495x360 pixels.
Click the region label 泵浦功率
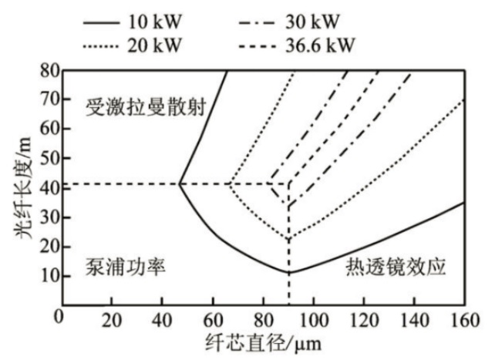tap(126, 266)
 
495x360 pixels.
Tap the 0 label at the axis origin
tap(58, 317)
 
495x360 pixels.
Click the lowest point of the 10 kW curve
tap(288, 272)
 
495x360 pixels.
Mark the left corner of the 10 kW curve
tap(179, 183)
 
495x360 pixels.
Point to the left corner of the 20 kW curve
tap(229, 183)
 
